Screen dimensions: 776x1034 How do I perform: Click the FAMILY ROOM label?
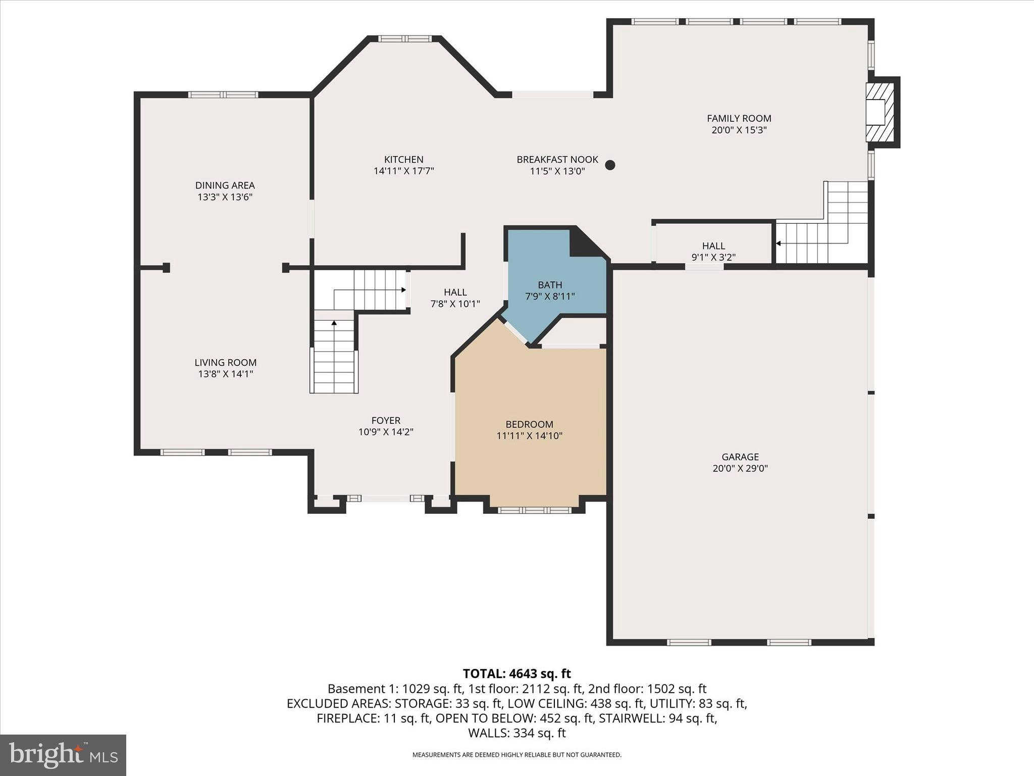(739, 118)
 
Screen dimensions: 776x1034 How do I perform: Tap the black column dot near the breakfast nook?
(610, 165)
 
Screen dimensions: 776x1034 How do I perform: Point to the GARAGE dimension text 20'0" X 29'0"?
(740, 468)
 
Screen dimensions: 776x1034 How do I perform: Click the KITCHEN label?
(403, 160)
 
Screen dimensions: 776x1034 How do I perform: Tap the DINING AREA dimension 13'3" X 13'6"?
(225, 197)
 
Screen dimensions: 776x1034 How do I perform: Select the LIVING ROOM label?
(225, 362)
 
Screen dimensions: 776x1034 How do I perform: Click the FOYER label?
(386, 420)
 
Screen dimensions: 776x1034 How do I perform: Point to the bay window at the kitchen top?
(405, 38)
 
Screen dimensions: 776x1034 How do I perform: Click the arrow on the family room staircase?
(778, 244)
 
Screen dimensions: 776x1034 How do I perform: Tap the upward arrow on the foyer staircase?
(334, 322)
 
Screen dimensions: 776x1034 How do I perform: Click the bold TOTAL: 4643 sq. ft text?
(516, 673)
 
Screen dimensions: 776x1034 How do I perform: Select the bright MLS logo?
(63, 755)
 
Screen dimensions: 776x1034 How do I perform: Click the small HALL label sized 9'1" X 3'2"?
(713, 246)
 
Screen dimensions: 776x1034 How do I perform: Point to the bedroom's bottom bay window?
(535, 510)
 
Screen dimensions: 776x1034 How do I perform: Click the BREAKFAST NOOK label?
(557, 160)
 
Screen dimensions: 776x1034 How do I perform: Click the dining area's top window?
(223, 94)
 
